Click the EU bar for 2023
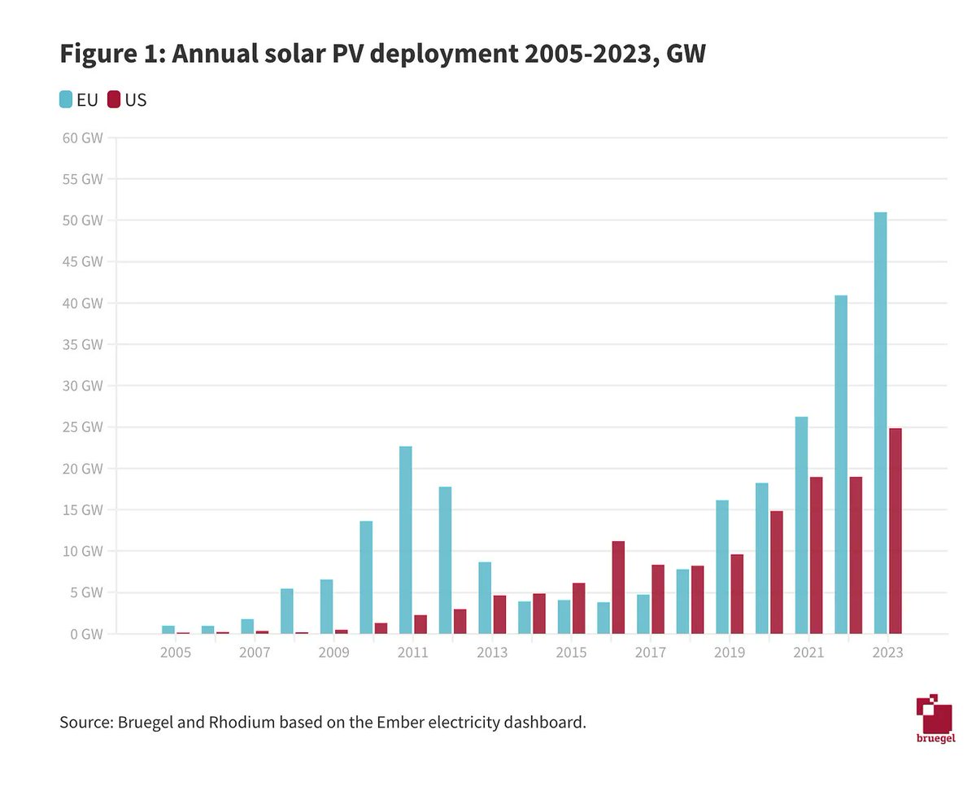tap(880, 423)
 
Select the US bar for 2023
tap(895, 531)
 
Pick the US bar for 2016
tap(618, 587)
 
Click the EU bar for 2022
tap(841, 464)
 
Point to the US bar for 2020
tap(777, 572)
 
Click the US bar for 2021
tap(817, 555)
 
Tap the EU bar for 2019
tap(722, 566)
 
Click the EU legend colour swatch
tap(66, 100)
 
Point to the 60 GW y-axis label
tap(82, 138)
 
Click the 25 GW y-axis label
tap(82, 427)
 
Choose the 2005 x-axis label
tap(176, 653)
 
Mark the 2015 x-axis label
tap(571, 653)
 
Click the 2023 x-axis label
tap(887, 653)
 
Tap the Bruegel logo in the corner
tap(934, 718)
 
